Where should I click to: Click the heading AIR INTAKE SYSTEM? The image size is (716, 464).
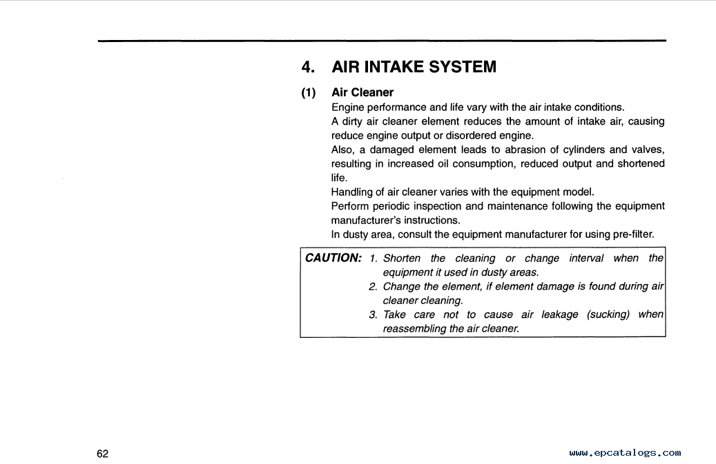click(414, 67)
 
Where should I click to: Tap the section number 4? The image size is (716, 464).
click(309, 67)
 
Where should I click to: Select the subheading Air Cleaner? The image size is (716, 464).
click(362, 92)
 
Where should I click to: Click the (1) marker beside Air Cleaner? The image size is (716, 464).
click(309, 92)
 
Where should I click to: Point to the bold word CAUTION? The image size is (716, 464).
click(333, 258)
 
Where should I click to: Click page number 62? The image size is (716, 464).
click(103, 454)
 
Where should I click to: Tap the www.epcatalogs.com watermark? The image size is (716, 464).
click(625, 453)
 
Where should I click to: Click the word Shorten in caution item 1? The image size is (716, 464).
click(401, 258)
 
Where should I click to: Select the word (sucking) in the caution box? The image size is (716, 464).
click(608, 314)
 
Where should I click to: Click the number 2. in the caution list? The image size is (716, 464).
click(373, 286)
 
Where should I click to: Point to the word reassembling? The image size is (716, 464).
click(414, 328)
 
